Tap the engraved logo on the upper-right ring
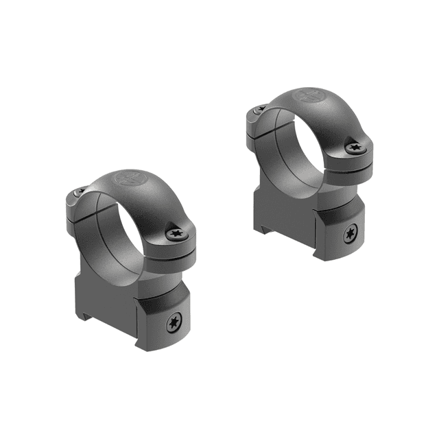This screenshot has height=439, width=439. point(306,95)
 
